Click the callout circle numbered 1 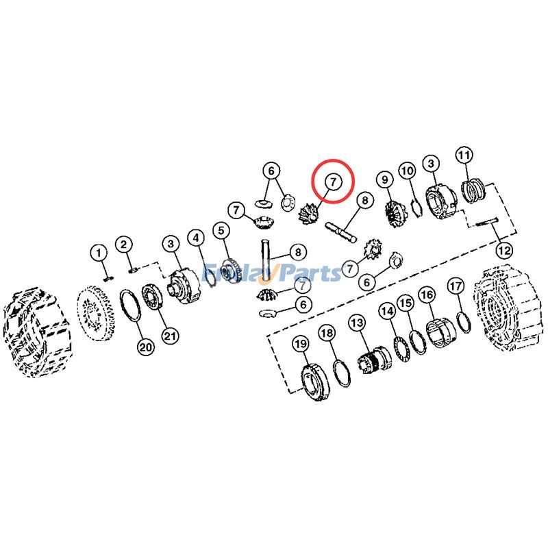[99, 253]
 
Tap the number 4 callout [197, 238]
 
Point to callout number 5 [221, 230]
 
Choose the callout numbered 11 [464, 155]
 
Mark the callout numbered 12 [504, 249]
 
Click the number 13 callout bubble [357, 321]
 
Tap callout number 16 [427, 295]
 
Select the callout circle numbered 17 [456, 285]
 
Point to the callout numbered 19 [301, 343]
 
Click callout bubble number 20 [145, 347]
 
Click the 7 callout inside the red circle [332, 182]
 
